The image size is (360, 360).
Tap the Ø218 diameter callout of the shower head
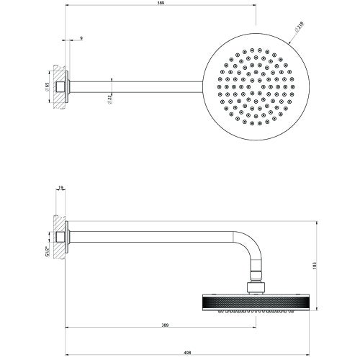pyautogui.click(x=298, y=28)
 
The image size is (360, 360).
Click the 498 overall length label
pyautogui.click(x=187, y=353)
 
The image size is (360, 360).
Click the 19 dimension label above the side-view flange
pyautogui.click(x=62, y=189)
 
